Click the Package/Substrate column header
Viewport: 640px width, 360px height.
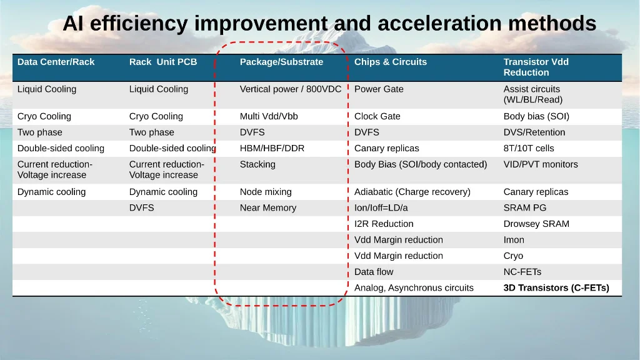click(x=281, y=62)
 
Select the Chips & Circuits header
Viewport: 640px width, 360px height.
click(x=390, y=62)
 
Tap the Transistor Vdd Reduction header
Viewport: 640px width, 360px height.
click(x=536, y=67)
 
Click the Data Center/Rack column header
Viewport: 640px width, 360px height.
click(x=56, y=62)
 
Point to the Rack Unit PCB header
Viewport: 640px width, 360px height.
click(x=163, y=62)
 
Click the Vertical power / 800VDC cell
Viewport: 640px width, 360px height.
click(x=290, y=89)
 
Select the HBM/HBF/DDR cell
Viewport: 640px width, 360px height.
click(x=272, y=148)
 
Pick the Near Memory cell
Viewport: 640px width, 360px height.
click(x=267, y=207)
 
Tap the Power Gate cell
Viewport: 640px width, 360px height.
click(x=378, y=89)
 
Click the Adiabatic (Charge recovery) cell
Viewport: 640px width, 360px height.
click(x=412, y=192)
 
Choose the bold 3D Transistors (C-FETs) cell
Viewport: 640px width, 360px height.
click(x=556, y=287)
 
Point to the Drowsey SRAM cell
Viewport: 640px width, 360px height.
click(x=536, y=224)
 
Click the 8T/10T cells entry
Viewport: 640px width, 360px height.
click(x=528, y=148)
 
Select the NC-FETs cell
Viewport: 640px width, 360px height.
click(x=522, y=272)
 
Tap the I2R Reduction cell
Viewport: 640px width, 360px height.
click(x=384, y=224)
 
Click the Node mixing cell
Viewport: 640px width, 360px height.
click(x=265, y=192)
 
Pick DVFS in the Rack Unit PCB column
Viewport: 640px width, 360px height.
click(x=141, y=207)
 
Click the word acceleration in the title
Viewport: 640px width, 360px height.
click(x=439, y=23)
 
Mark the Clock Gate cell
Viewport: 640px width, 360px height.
click(x=377, y=116)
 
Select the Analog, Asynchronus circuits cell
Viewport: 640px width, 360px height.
click(x=414, y=288)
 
